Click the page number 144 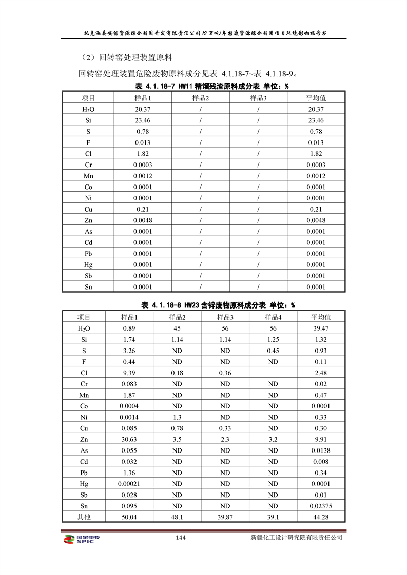coord(180,538)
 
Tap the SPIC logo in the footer coord(80,539)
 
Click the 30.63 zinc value coord(129,439)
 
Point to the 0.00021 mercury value coord(129,484)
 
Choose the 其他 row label coord(84,517)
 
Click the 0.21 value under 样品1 coord(143,210)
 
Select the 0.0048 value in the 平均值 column coord(316,220)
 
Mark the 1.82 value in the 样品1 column coord(143,154)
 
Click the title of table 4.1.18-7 coord(211,86)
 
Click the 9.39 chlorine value coord(129,373)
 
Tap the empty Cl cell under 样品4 coord(273,373)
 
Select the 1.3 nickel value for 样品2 coord(177,417)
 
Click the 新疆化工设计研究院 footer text coord(296,538)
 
